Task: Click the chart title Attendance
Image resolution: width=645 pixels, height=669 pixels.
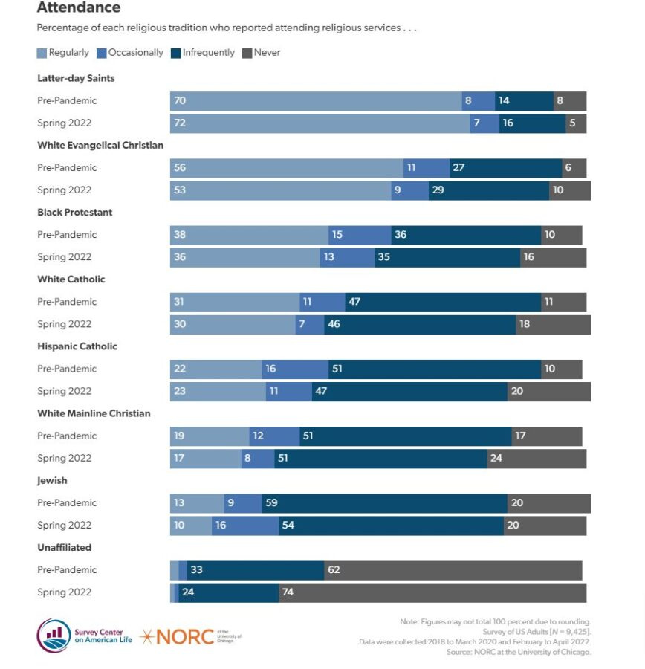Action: (x=79, y=8)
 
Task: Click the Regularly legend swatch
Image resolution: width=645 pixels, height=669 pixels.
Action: (x=42, y=54)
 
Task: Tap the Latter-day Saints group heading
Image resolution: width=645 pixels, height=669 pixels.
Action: (x=76, y=78)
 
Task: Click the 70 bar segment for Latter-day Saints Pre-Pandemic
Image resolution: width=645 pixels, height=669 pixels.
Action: (x=316, y=101)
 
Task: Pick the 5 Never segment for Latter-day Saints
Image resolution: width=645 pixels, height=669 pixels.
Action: (x=576, y=123)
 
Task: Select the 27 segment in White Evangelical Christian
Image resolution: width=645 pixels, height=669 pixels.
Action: (x=505, y=168)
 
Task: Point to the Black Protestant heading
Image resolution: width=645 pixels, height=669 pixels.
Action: (x=75, y=212)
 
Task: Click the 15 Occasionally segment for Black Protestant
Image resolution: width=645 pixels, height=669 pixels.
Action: (x=360, y=235)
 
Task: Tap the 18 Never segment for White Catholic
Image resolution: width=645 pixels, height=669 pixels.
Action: (x=553, y=324)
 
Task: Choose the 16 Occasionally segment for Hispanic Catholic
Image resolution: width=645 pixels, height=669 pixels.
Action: (x=295, y=369)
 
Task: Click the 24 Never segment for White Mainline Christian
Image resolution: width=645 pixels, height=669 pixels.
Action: (x=537, y=458)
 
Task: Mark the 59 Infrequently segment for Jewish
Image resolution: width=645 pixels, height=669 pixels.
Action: (x=384, y=502)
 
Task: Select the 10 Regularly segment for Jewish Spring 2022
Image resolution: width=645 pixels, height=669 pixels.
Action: (x=190, y=525)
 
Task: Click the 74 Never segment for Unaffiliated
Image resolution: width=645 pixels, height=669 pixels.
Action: (x=432, y=592)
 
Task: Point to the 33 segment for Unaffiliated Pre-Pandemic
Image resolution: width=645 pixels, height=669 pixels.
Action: (x=255, y=570)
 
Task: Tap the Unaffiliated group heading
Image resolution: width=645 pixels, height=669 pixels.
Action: (x=65, y=547)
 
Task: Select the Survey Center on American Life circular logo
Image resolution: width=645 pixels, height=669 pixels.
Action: (x=54, y=636)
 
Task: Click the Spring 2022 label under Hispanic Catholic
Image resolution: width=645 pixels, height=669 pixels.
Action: (x=65, y=391)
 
